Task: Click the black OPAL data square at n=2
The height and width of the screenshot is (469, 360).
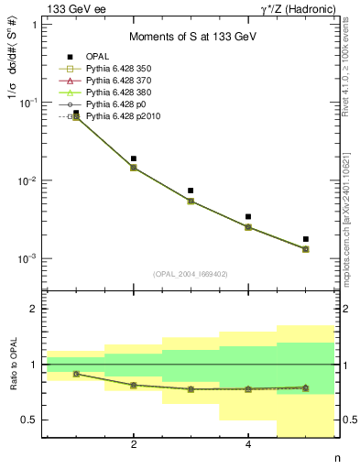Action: click(x=134, y=158)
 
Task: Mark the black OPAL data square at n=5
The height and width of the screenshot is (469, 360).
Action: click(x=306, y=239)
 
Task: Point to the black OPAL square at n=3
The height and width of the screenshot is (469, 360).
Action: click(x=191, y=191)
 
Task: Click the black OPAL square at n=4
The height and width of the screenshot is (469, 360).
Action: click(x=248, y=217)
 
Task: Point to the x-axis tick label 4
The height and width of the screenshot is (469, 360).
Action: click(x=248, y=445)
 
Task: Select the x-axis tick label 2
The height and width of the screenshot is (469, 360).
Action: click(x=134, y=445)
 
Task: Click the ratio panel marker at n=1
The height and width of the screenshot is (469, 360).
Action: click(x=76, y=374)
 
